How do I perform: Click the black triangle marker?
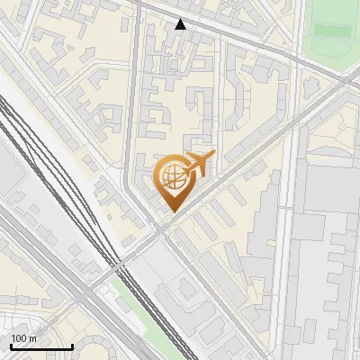pos(181,24)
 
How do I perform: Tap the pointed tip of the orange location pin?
pos(171,211)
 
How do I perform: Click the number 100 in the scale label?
pos(18,338)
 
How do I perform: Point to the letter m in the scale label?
pos(32,338)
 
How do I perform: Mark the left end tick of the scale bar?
pos(10,346)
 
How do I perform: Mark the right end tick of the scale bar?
pos(72,346)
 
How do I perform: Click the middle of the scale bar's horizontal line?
pos(40,346)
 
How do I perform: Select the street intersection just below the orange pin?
pos(161,231)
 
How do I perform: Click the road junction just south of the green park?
pos(347,79)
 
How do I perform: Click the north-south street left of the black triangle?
pos(140,54)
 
